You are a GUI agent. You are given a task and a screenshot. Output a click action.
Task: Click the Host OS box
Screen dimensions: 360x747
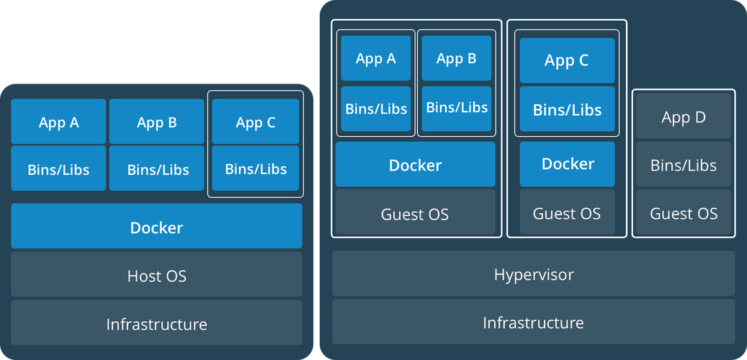156,274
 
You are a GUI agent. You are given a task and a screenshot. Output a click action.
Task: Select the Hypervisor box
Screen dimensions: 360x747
533,274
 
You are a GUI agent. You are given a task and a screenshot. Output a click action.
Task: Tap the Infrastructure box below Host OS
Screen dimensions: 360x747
156,323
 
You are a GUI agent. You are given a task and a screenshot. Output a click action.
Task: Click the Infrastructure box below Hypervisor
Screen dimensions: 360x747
533,322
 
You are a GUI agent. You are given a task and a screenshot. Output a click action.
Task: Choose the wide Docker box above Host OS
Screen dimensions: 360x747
156,227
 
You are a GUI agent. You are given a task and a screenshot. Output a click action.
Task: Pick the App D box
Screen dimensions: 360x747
684,117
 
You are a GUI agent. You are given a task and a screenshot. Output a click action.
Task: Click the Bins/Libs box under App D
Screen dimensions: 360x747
684,165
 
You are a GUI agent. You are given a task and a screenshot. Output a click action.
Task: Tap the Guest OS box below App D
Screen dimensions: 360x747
684,213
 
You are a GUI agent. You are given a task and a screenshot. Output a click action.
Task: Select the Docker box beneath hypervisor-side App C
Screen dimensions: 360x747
567,164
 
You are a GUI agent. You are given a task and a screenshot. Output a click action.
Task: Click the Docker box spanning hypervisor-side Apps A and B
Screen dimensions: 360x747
415,165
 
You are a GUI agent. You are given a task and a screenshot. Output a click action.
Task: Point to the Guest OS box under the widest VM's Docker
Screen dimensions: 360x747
415,213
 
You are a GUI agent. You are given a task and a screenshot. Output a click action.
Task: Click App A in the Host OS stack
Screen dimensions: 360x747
58,122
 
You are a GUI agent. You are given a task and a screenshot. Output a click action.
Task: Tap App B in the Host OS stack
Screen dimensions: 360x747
156,122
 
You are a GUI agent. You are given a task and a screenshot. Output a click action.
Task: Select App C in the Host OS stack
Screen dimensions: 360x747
255,122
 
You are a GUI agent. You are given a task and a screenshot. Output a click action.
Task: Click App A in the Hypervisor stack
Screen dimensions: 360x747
375,59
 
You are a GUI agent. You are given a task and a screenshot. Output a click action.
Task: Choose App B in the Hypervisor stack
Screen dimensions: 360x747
456,59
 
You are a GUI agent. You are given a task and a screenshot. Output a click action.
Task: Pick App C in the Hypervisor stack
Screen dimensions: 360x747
567,60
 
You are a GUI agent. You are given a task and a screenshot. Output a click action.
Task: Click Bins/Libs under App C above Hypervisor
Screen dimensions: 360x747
567,109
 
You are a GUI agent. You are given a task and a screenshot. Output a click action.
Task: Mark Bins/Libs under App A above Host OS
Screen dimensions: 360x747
58,169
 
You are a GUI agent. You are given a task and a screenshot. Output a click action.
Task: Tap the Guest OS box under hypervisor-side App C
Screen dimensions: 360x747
567,213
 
